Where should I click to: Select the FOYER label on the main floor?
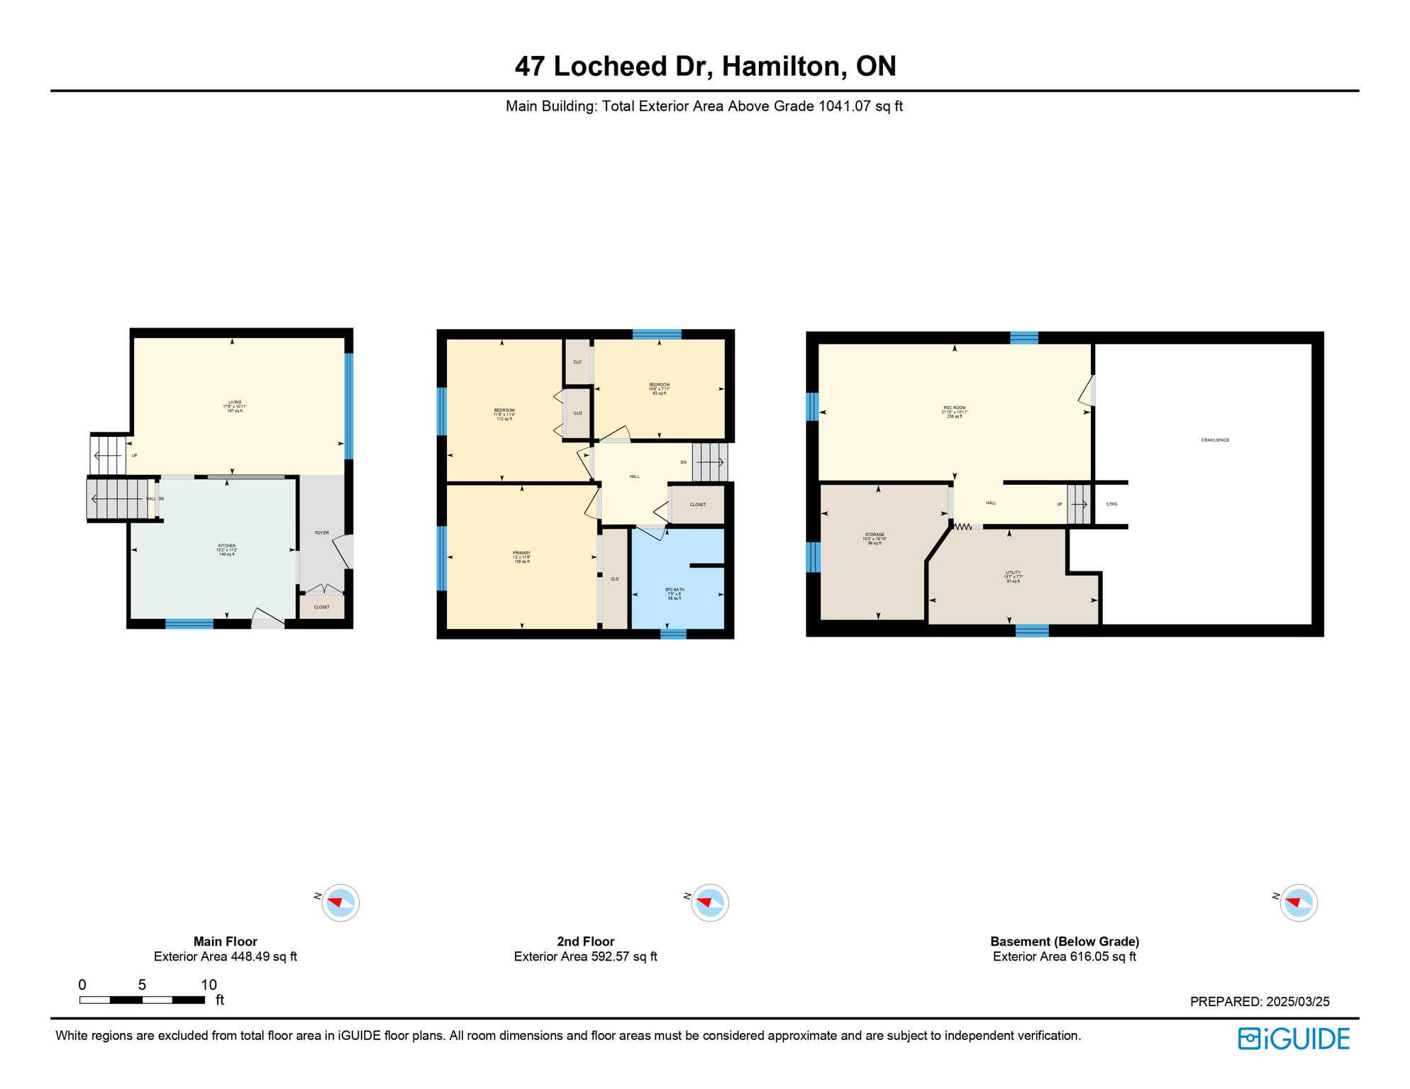click(x=322, y=532)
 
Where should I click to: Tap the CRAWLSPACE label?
click(x=1215, y=440)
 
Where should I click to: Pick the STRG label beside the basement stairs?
click(x=1111, y=504)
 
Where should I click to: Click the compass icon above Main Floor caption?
click(x=340, y=903)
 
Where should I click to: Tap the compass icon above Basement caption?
click(x=1299, y=903)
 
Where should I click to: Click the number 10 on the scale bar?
click(x=209, y=985)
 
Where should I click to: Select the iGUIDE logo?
click(x=1294, y=1039)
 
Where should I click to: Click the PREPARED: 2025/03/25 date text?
click(x=1260, y=1002)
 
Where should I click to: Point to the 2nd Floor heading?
click(x=585, y=942)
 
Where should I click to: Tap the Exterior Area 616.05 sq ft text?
click(x=1065, y=956)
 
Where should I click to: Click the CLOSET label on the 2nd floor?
click(x=698, y=505)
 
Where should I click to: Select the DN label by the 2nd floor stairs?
click(x=684, y=462)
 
